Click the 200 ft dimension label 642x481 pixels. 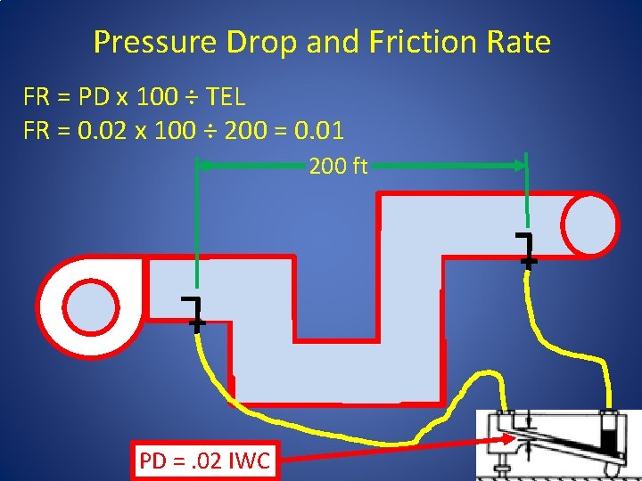coord(338,166)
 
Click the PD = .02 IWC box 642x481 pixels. coord(206,461)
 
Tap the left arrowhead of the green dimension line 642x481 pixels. coord(202,166)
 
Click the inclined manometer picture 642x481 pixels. coord(557,443)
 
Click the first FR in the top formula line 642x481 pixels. coord(37,95)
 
